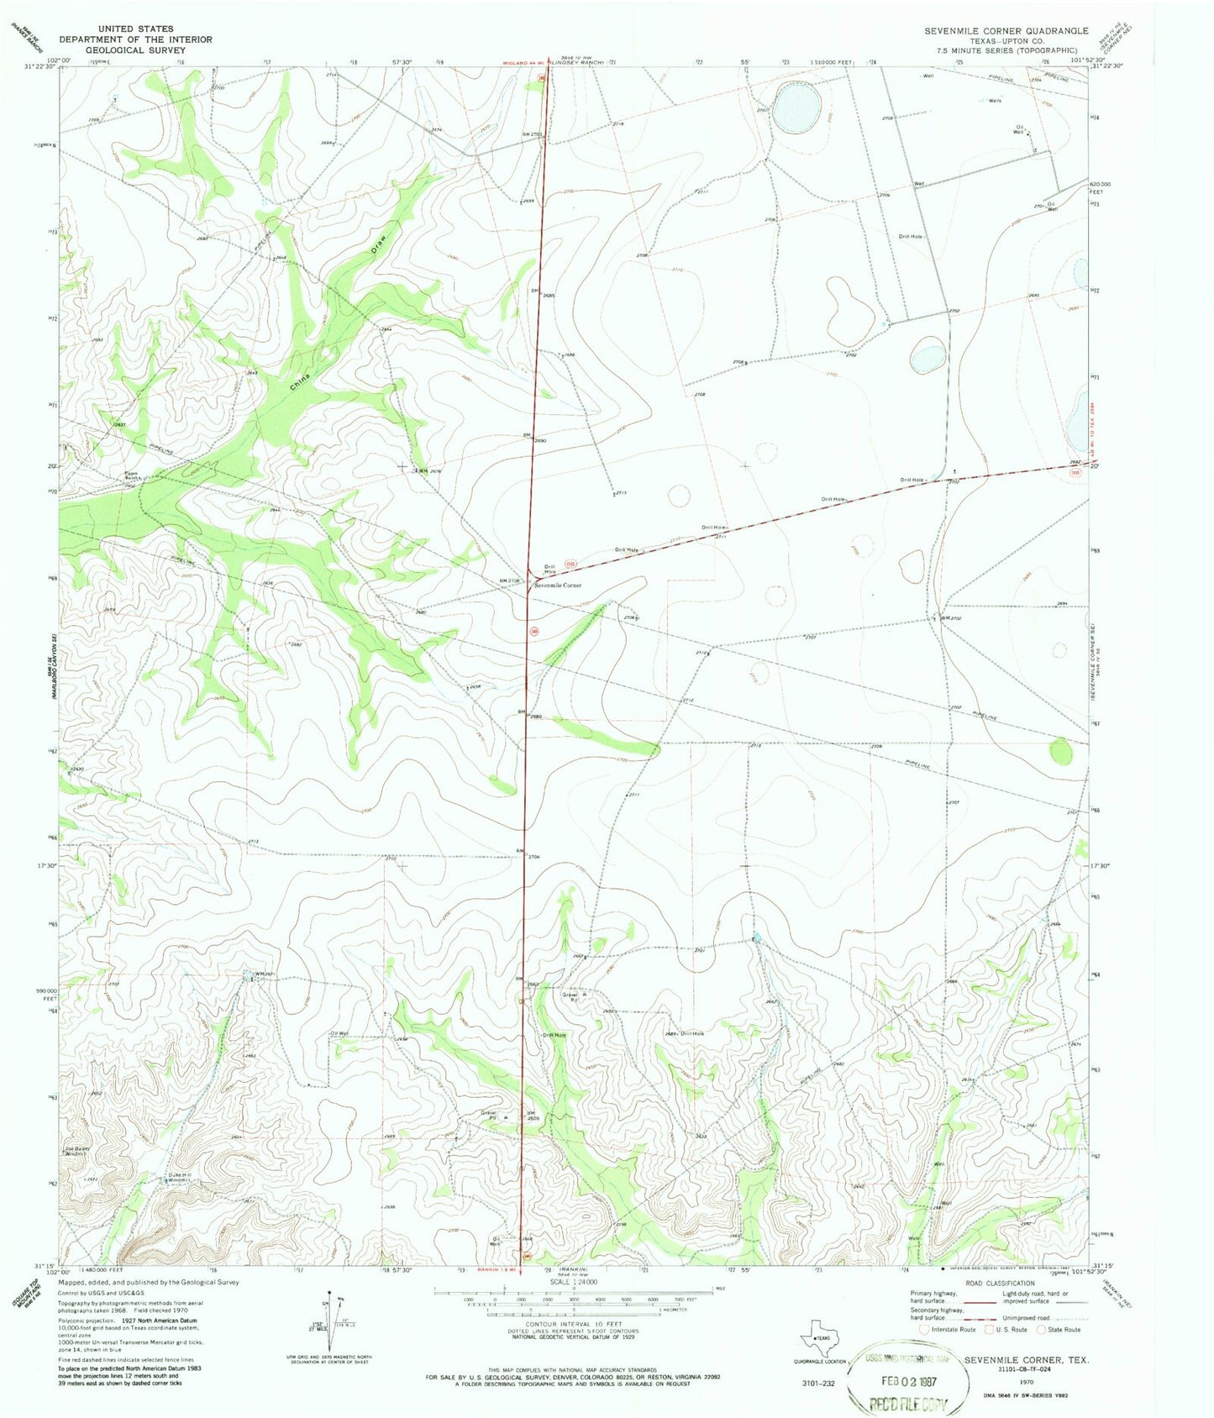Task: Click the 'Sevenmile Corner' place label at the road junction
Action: pos(559,585)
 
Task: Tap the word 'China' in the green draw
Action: pos(299,381)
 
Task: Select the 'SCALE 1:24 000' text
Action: pos(572,1281)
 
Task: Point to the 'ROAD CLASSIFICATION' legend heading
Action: pos(999,1283)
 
